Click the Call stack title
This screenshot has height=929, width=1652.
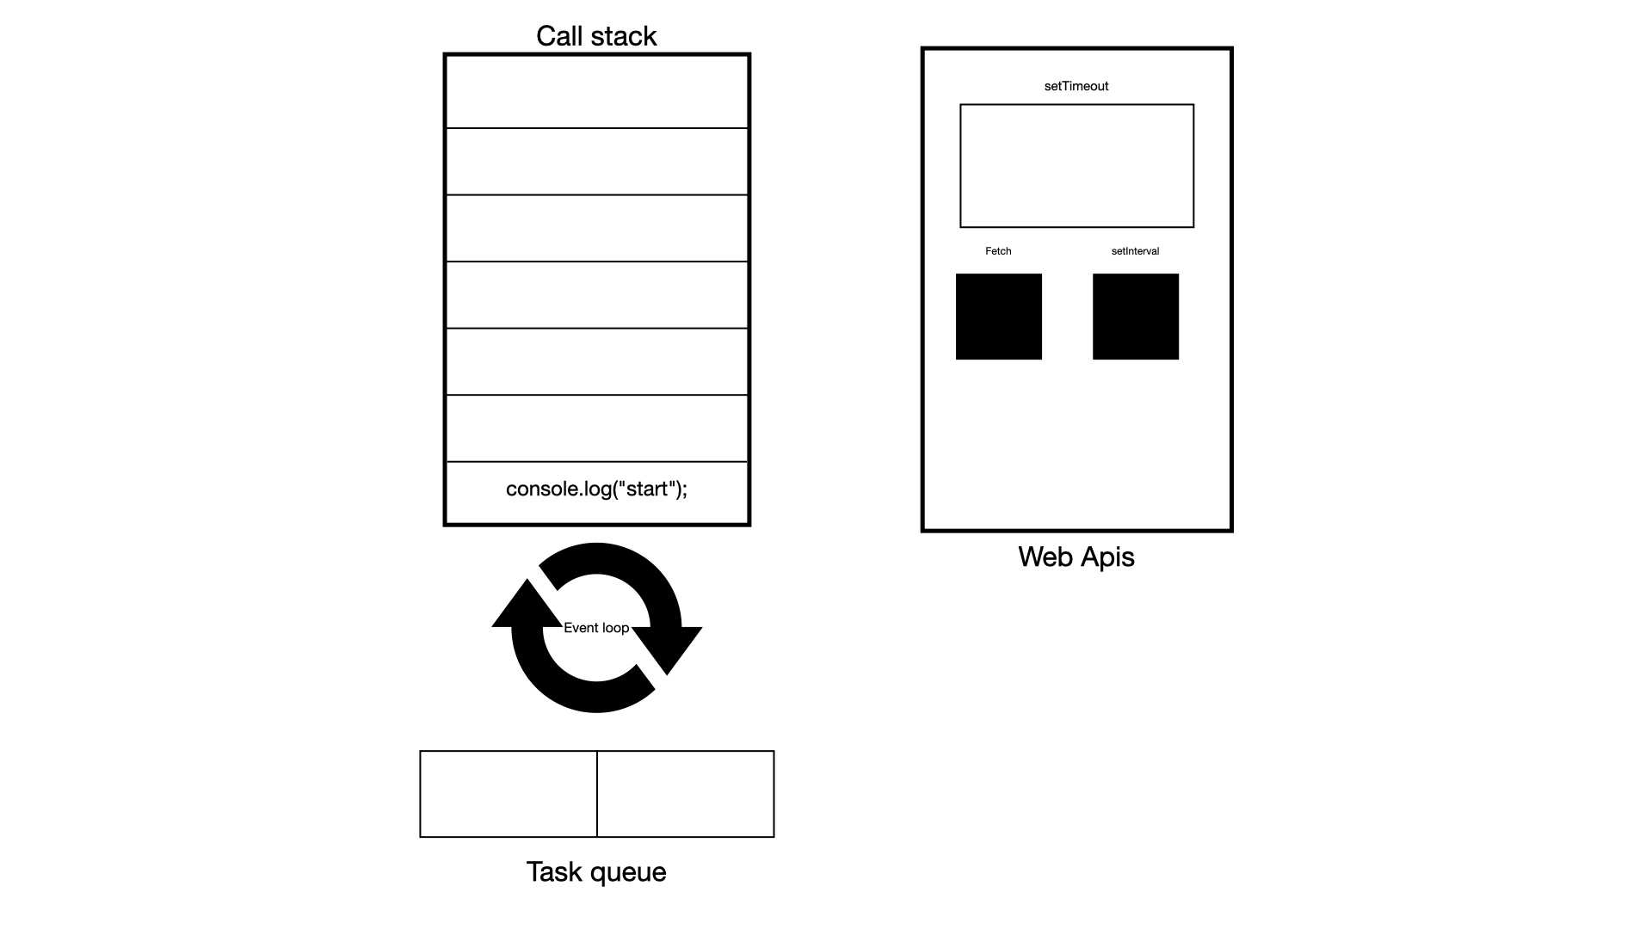click(x=596, y=36)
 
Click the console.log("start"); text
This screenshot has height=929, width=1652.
click(x=596, y=489)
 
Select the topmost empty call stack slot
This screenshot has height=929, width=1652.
click(x=596, y=92)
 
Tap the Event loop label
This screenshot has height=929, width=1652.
click(x=596, y=628)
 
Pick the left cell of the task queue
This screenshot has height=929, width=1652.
click(x=509, y=794)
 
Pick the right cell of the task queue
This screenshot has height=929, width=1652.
click(x=686, y=794)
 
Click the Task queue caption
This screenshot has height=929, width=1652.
click(x=596, y=871)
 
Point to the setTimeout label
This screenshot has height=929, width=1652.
click(x=1076, y=86)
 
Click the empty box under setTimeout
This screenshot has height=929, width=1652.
click(x=1076, y=166)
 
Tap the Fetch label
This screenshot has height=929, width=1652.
click(x=998, y=251)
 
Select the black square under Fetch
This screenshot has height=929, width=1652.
click(x=998, y=317)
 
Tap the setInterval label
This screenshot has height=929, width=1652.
click(x=1135, y=251)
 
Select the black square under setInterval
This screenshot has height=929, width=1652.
click(x=1135, y=317)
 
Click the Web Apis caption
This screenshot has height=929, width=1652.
click(x=1076, y=557)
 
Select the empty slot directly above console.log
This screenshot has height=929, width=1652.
click(x=596, y=428)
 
